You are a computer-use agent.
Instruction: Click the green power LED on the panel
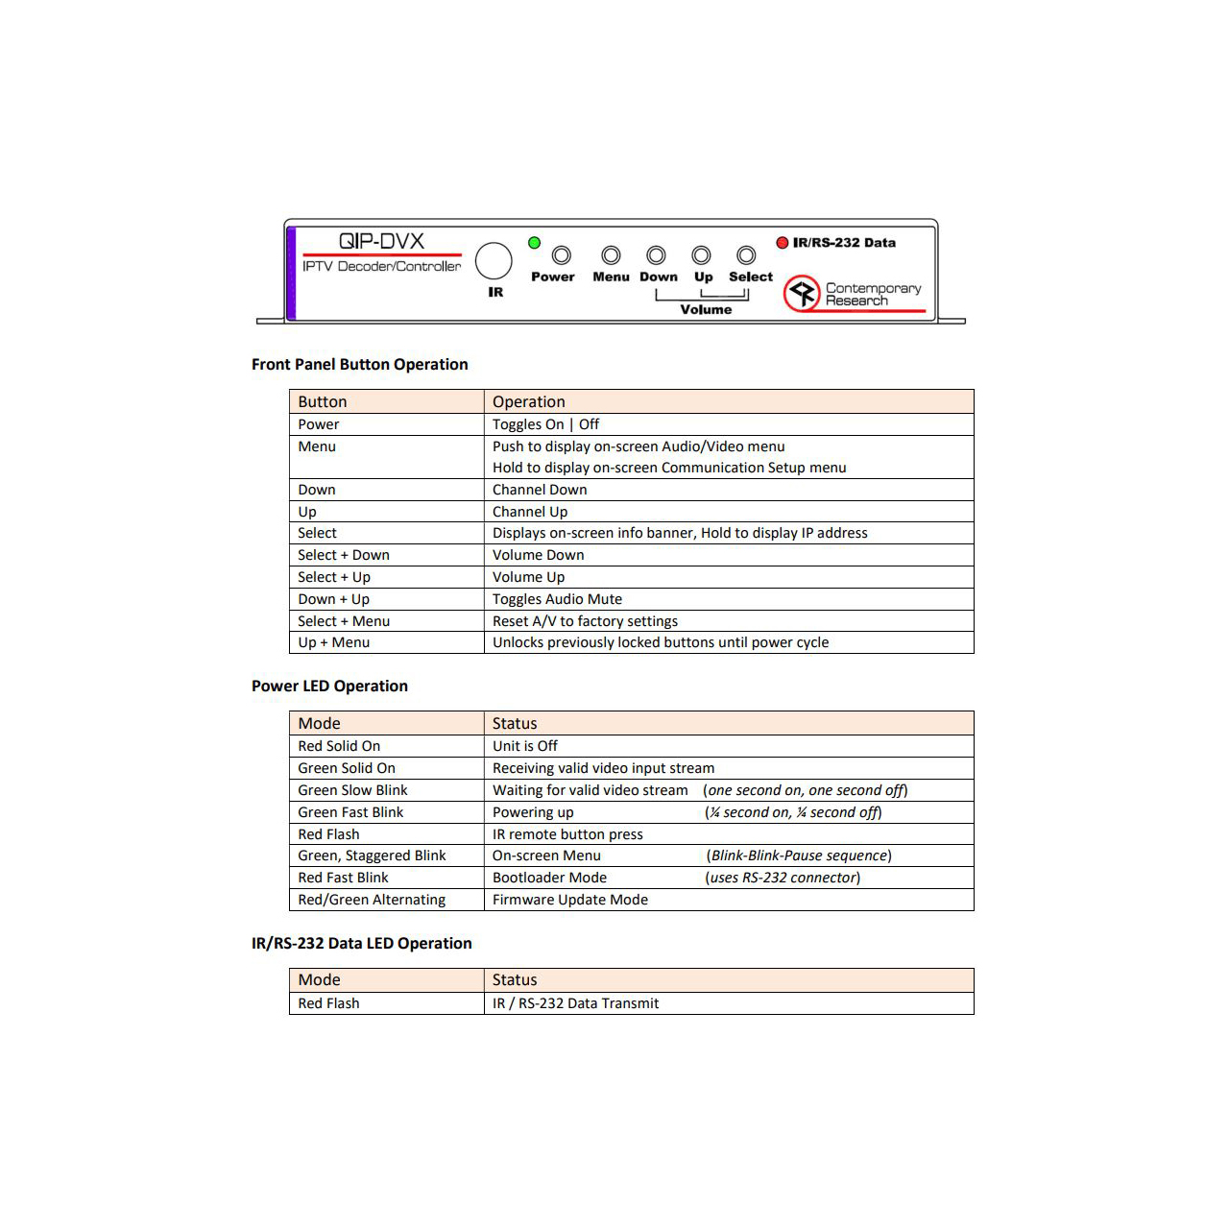(535, 243)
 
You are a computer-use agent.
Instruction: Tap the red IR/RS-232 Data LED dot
(783, 243)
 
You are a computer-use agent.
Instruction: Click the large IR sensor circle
(494, 260)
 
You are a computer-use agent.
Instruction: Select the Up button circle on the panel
(702, 255)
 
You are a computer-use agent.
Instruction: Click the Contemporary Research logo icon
(802, 293)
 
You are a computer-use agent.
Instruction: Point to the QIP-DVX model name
(381, 241)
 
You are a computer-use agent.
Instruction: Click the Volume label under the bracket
(706, 309)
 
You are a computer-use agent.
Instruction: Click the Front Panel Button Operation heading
(360, 364)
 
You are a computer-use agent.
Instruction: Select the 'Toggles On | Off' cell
(545, 424)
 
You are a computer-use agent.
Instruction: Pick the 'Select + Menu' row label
(344, 621)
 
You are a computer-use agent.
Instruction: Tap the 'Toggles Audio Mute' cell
(557, 599)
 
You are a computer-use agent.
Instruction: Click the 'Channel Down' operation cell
(540, 490)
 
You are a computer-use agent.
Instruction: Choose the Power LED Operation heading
(329, 686)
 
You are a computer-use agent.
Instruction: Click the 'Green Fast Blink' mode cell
(350, 812)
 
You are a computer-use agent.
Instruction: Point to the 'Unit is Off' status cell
(524, 746)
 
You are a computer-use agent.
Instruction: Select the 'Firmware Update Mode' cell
(569, 900)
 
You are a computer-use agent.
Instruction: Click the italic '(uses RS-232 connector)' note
(783, 878)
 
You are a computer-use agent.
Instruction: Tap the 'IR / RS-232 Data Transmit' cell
(575, 1003)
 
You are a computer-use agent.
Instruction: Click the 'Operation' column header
(528, 401)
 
